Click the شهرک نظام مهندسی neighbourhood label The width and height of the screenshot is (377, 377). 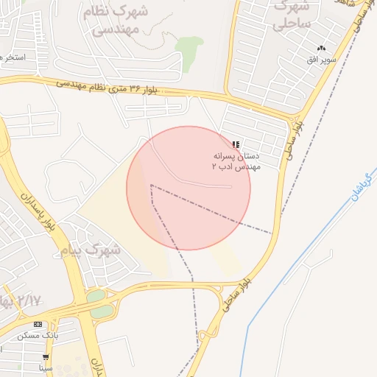(x=121, y=21)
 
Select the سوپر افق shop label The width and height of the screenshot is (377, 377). (x=323, y=59)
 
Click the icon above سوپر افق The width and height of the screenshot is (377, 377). (x=321, y=48)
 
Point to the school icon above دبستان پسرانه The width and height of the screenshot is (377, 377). (x=235, y=144)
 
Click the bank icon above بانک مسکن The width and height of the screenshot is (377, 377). (x=38, y=324)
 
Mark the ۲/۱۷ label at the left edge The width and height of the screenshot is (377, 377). (x=21, y=300)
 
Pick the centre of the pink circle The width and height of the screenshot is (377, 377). (x=188, y=188)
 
